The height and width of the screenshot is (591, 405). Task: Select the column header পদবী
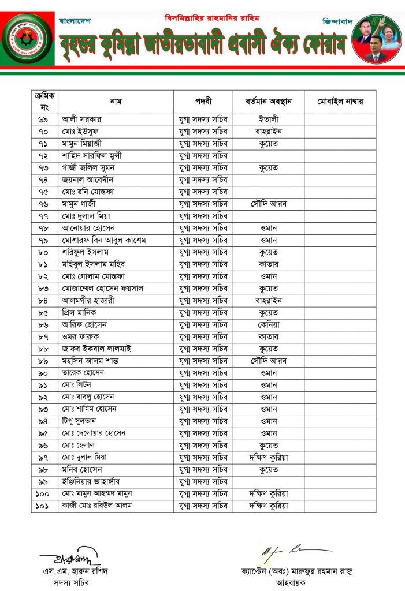[203, 102]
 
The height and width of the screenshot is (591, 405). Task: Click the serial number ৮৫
[43, 313]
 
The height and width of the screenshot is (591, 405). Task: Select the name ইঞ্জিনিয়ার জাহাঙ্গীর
[91, 482]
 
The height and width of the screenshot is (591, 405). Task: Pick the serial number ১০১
[43, 506]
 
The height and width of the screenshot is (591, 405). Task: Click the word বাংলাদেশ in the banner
[75, 21]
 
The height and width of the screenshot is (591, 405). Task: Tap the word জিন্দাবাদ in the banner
[337, 21]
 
